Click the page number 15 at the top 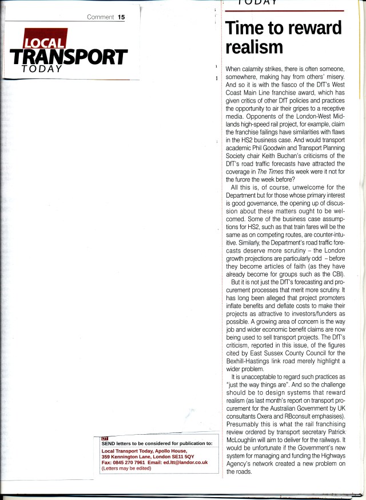[x=121, y=17]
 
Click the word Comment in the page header [x=101, y=17]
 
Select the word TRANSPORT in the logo [x=68, y=57]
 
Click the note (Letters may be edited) [x=126, y=468]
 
